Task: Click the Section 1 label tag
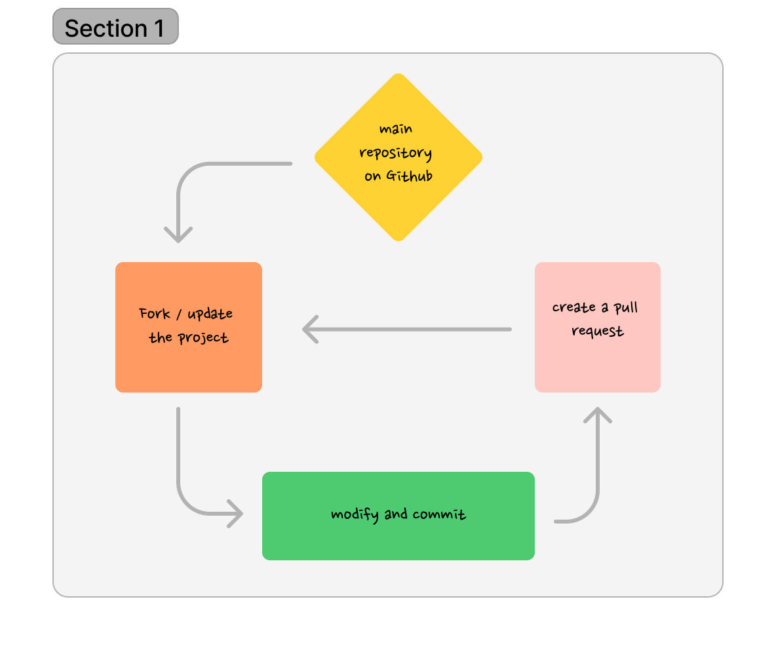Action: pyautogui.click(x=115, y=27)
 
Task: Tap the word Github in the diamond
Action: pyautogui.click(x=409, y=176)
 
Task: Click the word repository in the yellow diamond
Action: pyautogui.click(x=395, y=154)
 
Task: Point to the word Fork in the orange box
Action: pyautogui.click(x=154, y=313)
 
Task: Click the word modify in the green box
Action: pyautogui.click(x=355, y=515)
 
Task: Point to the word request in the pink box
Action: pyautogui.click(x=597, y=331)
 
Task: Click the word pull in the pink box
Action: pyautogui.click(x=626, y=308)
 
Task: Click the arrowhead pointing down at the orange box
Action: pyautogui.click(x=178, y=235)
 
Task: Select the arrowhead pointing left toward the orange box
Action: pyautogui.click(x=310, y=329)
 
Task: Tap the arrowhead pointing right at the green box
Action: pyautogui.click(x=235, y=514)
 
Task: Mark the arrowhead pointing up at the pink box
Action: pyautogui.click(x=597, y=415)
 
